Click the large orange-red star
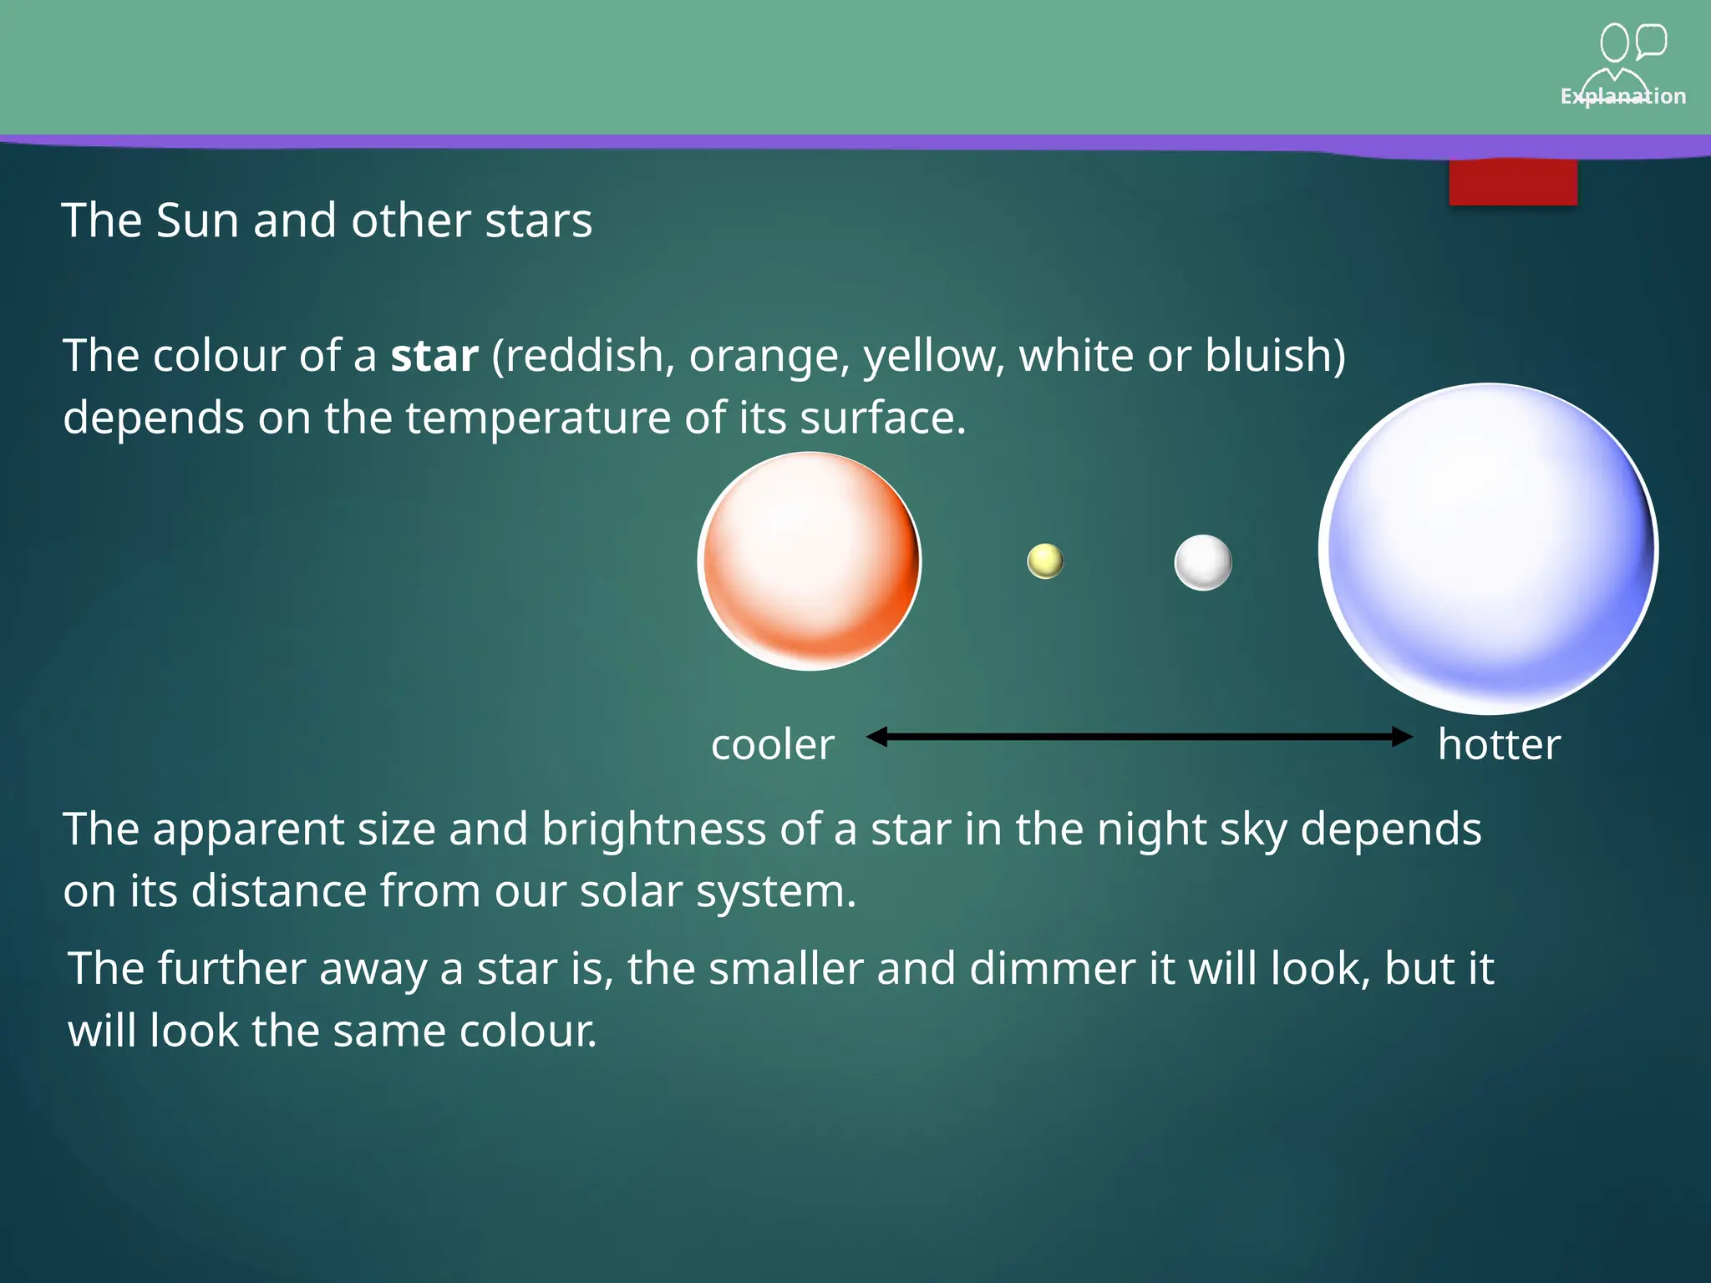pos(810,561)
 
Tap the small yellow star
pos(1045,561)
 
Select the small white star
pos(1203,562)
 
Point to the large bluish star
pos(1488,549)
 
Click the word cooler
pos(773,744)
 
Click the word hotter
pos(1499,744)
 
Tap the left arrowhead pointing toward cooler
pos(876,737)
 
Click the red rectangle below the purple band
pos(1513,182)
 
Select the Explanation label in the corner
pos(1622,97)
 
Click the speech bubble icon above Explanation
pos(1651,41)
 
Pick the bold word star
pos(434,356)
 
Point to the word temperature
pos(538,418)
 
